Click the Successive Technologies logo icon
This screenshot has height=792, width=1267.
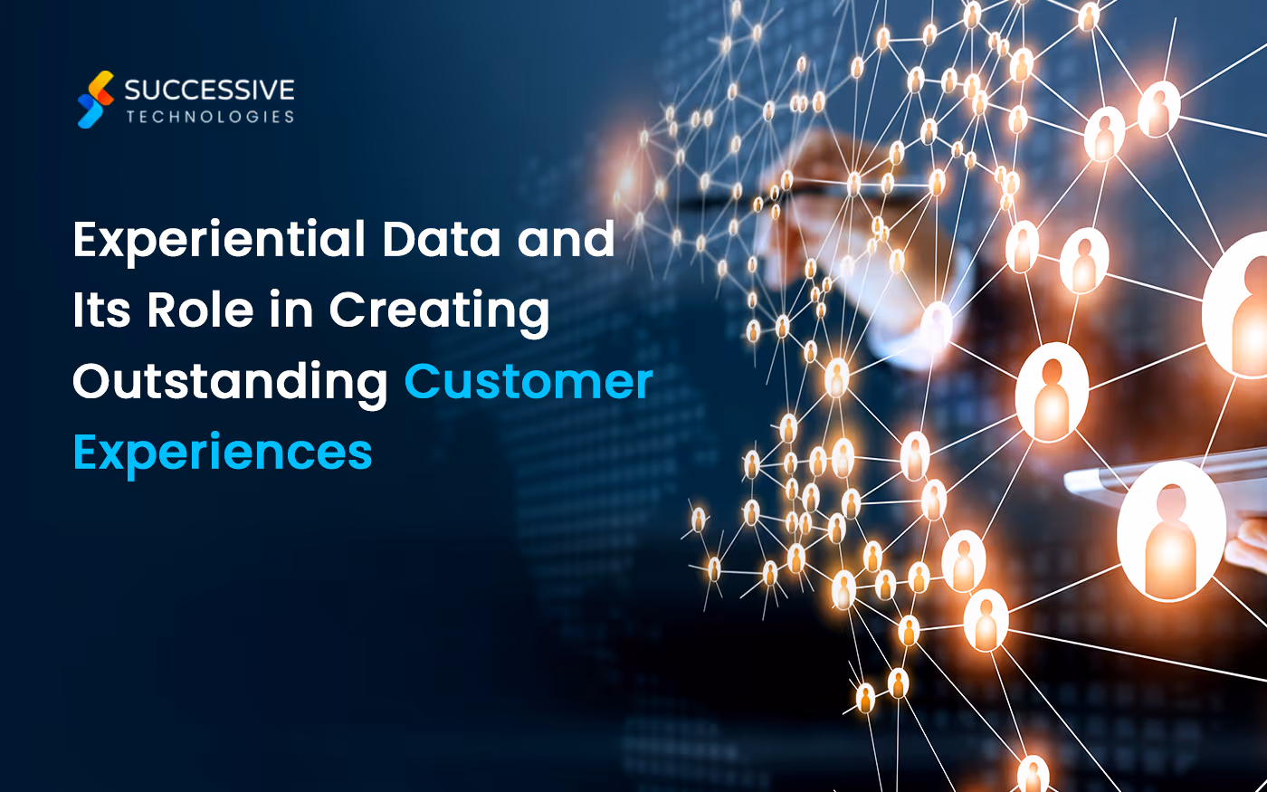pos(95,99)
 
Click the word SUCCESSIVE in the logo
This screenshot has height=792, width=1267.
pos(209,90)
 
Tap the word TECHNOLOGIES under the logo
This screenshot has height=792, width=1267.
pos(210,117)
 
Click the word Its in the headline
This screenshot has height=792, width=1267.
pos(101,310)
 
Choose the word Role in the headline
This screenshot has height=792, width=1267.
pos(200,310)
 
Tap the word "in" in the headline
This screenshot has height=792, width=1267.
pos(291,310)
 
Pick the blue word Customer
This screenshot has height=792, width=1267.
pos(529,381)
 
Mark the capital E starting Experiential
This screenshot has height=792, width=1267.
pos(86,239)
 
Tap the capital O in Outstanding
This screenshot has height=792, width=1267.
pos(91,381)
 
